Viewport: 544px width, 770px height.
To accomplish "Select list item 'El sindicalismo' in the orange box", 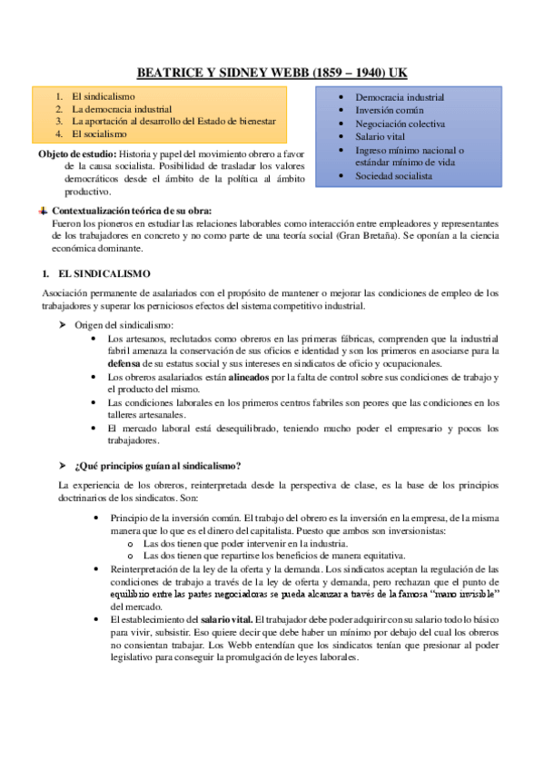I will (x=103, y=95).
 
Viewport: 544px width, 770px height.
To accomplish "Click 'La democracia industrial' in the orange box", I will (x=122, y=108).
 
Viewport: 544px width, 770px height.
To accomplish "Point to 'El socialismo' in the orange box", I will (x=99, y=133).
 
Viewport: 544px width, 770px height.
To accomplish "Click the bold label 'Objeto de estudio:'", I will (x=70, y=153).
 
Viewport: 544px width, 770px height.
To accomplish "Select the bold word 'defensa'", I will (x=125, y=363).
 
